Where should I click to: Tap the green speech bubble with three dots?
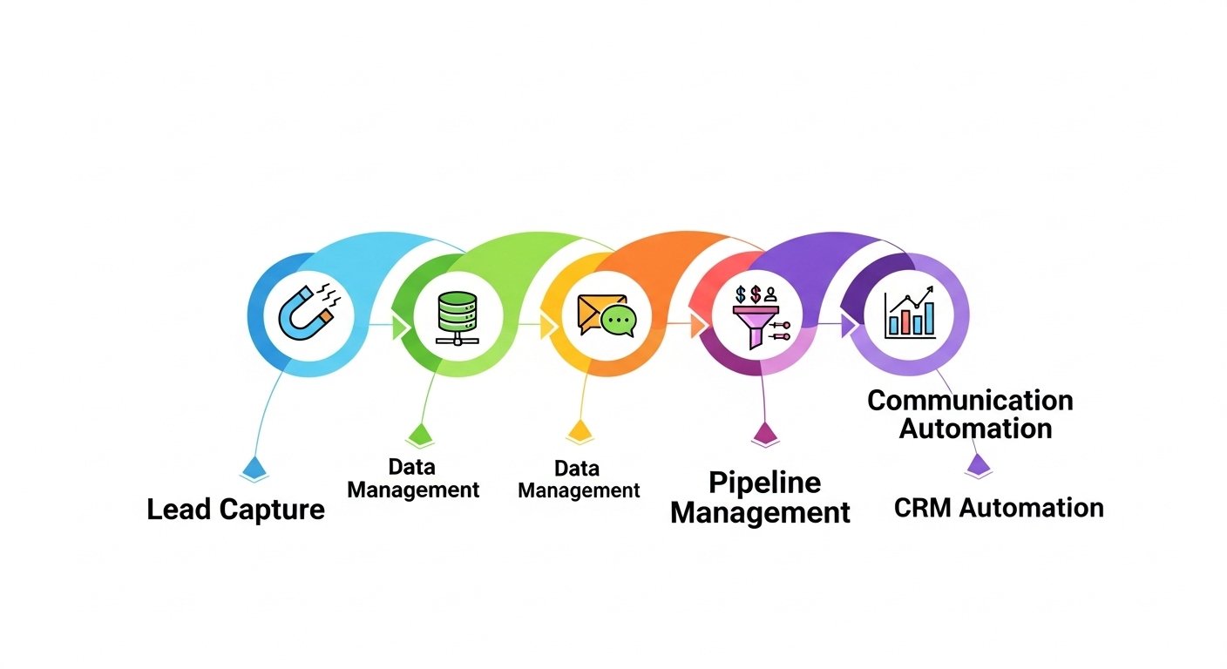619,321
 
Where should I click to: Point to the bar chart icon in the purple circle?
910,314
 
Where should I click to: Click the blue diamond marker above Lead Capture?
254,468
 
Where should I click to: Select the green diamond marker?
419,434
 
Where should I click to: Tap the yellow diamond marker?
580,429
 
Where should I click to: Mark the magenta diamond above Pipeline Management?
764,433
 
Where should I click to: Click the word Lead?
179,509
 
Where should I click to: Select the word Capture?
271,510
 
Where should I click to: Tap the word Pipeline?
764,482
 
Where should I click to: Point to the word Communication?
970,400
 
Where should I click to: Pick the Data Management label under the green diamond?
413,478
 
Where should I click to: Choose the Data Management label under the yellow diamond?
579,479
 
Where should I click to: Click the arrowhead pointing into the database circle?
402,327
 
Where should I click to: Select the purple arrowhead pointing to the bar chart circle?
848,326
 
